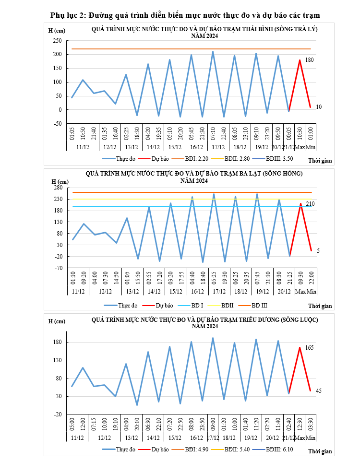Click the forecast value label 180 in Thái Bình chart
[x=310, y=60]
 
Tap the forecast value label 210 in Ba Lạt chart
[x=310, y=204]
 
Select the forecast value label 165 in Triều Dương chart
[x=310, y=347]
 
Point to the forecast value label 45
[x=319, y=391]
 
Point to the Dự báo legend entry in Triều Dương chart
[x=160, y=449]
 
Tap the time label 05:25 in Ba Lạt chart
[x=214, y=279]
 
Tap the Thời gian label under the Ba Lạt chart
[x=320, y=306]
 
